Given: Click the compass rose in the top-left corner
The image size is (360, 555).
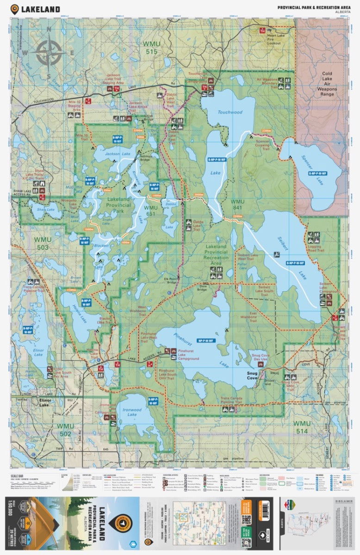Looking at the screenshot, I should coord(50,53).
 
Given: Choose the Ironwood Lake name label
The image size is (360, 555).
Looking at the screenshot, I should coord(132,412).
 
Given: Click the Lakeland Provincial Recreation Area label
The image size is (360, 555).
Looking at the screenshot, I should coord(216,255).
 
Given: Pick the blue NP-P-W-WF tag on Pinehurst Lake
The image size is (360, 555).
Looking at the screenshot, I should coord(206,341).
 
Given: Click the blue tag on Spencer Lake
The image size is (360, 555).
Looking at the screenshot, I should coord(317,173).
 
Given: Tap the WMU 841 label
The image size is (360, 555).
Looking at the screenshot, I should coord(237,205).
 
